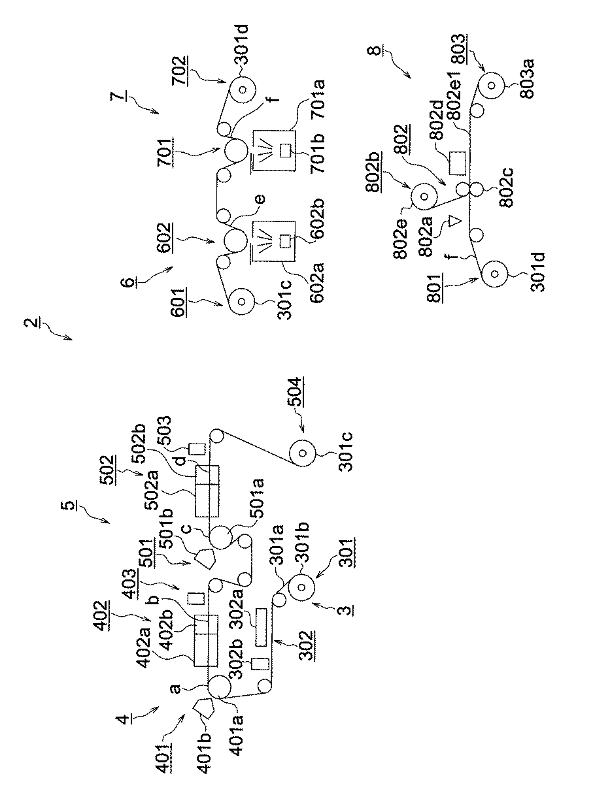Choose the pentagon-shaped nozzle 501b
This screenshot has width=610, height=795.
coord(205,559)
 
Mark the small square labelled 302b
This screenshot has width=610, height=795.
coord(262,664)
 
